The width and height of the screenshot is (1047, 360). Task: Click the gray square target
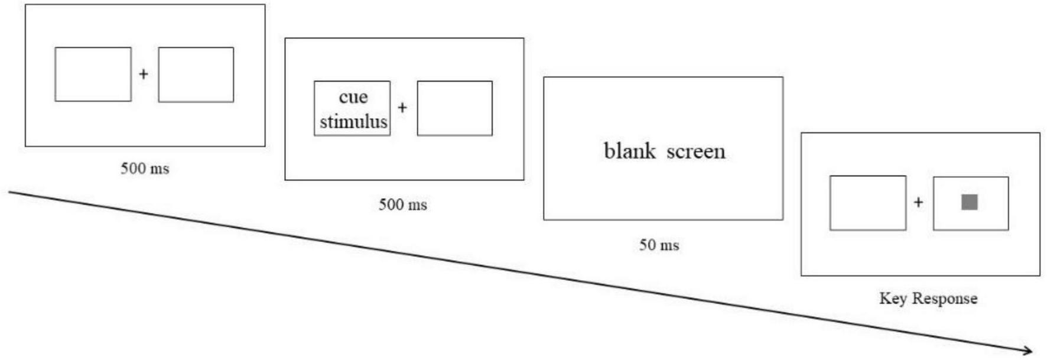[969, 202]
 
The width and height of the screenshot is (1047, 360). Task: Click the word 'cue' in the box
[353, 97]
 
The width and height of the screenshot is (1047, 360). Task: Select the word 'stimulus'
[353, 121]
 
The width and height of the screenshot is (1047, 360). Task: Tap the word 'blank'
[629, 151]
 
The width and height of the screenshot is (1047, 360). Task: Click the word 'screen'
[695, 151]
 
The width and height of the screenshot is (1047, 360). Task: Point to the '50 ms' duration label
[659, 245]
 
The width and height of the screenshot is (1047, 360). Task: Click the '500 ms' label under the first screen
[145, 168]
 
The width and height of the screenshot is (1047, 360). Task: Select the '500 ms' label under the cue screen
[402, 205]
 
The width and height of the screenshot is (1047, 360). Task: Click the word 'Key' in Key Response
[892, 298]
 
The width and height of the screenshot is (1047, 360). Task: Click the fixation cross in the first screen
[143, 74]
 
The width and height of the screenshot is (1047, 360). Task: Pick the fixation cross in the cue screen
[402, 108]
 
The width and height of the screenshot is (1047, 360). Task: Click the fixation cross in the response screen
[918, 202]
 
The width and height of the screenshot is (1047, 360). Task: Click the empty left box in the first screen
[93, 74]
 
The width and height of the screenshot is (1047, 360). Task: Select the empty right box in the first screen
[196, 74]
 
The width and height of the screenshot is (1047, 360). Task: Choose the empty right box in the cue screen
[454, 108]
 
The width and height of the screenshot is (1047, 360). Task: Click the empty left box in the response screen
[867, 203]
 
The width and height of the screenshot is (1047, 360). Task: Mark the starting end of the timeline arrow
[10, 192]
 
